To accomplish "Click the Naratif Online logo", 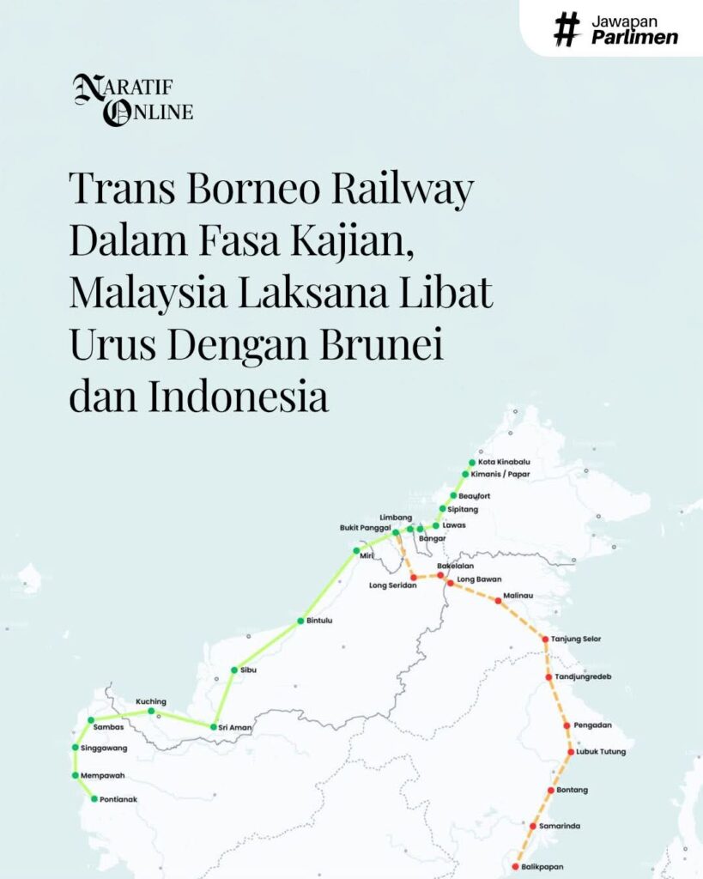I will [133, 100].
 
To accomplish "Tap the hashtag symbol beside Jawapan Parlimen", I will [567, 28].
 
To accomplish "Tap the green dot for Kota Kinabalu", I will [472, 462].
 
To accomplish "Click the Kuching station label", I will [151, 701].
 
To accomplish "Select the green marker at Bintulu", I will [300, 620].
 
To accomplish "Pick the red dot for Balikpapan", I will [515, 867].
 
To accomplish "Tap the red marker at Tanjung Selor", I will [545, 639].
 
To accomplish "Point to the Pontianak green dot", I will [94, 799].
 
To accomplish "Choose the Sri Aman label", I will [235, 727].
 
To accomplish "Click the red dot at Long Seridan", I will [413, 578].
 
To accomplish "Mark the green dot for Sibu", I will [233, 670].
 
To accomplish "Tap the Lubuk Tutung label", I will [601, 752].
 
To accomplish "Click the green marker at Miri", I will [356, 550].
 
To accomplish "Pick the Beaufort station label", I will [475, 496].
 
